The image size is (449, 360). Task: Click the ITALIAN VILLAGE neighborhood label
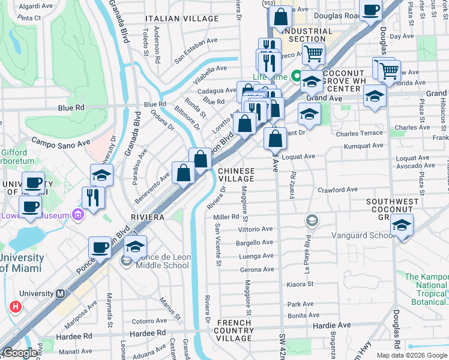coord(181,19)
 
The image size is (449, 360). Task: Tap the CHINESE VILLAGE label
coord(236,175)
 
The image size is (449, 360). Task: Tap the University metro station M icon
coord(59,294)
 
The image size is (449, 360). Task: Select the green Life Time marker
coord(296,77)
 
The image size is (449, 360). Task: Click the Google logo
coord(19,353)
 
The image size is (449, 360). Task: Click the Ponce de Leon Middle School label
coord(164,261)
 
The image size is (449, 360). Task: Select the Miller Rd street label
coord(226,217)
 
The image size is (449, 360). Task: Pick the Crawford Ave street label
coord(337,190)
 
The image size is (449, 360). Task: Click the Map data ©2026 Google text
coord(412,355)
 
